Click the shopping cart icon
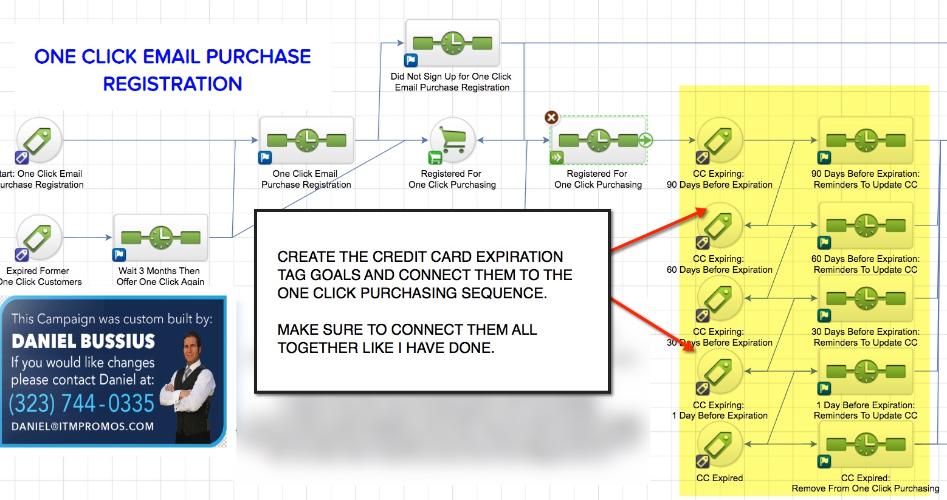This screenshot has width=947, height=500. pos(452,140)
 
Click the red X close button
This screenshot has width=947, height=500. pos(551,117)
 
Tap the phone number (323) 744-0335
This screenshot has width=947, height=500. pos(81,403)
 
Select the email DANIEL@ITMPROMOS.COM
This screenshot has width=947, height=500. pos(83,426)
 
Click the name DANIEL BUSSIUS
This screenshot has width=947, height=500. pos(83,341)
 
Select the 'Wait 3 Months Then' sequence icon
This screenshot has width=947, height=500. pos(161,238)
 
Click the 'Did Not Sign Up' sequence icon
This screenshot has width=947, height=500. pos(453,43)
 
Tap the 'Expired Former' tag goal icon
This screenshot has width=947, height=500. pos(40,238)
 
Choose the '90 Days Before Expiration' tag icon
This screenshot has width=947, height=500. pos(720,140)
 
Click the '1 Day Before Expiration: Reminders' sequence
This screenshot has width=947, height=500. pos(866,372)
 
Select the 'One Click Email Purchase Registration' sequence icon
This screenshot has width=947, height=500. pos(307,140)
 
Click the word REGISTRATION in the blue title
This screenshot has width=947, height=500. pos(173,84)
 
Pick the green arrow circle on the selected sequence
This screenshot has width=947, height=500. pos(646,140)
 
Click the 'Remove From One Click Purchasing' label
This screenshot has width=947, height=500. pos(865,488)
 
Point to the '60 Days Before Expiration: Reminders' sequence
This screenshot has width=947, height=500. pos(866,226)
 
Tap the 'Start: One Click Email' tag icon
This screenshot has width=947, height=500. pos(40,140)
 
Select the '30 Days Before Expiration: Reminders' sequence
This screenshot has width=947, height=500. pos(866,299)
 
